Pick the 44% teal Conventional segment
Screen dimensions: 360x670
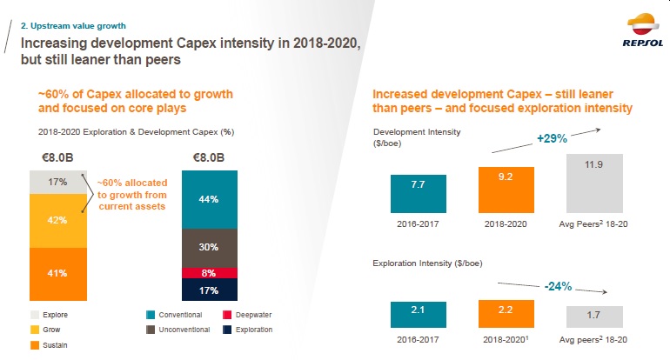(x=208, y=199)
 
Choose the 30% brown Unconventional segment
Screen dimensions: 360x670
(x=208, y=247)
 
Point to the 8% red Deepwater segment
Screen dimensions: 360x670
(x=208, y=272)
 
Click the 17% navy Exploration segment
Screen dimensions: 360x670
(x=208, y=290)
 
